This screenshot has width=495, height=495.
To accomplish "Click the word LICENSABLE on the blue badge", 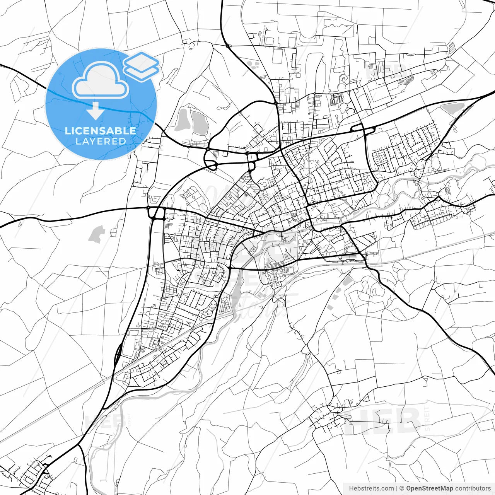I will [101, 131].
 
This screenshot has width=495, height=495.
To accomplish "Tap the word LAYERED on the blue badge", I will [101, 141].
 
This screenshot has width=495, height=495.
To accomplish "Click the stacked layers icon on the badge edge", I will [141, 66].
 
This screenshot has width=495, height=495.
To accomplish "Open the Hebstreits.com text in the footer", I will [371, 488].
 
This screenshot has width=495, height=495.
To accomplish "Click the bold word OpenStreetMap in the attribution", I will [429, 488].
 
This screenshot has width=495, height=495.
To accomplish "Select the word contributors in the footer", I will [473, 488].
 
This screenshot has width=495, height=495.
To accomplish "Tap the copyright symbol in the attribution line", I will [402, 488].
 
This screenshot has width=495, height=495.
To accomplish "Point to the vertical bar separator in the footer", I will [397, 488].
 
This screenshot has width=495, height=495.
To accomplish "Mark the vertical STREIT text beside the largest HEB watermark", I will [427, 419].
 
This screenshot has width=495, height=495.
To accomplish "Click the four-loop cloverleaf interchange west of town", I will [156, 213].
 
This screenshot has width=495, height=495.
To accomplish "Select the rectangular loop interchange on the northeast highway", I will [358, 129].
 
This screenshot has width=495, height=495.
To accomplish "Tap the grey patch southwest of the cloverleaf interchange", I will [96, 234].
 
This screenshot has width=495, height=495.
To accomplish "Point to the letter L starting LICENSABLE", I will [68, 131].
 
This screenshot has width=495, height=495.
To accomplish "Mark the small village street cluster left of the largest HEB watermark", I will [327, 418].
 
